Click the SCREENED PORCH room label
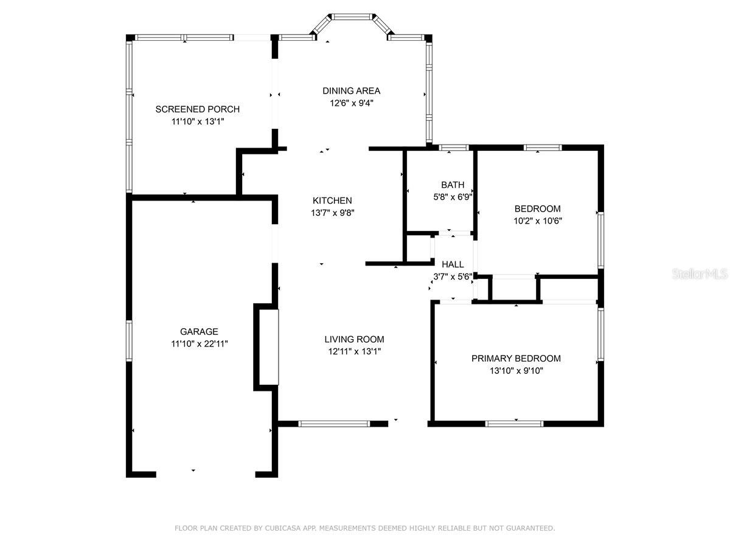point(197,109)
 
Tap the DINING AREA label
point(351,91)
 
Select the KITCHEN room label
point(332,201)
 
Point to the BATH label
point(453,185)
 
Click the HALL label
point(453,264)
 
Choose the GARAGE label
point(199,331)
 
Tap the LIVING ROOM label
point(354,339)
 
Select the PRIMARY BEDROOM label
point(516,359)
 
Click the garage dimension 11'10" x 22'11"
point(199,344)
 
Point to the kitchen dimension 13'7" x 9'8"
point(333,213)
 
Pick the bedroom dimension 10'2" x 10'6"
point(537,221)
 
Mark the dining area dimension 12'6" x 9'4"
point(352,103)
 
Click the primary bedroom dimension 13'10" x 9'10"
point(516,371)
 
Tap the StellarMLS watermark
point(700,274)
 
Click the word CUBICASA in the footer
point(283,528)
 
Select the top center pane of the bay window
point(352,16)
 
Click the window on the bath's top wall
point(454,148)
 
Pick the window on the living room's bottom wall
point(334,424)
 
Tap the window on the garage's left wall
point(129,341)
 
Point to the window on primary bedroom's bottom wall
point(514,424)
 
